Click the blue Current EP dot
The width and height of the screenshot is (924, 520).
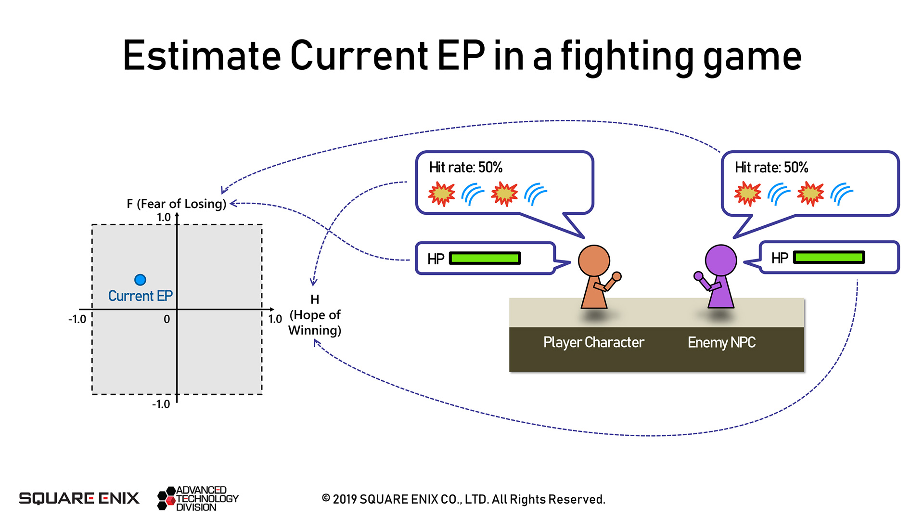point(140,280)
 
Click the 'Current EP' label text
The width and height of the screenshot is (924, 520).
point(140,296)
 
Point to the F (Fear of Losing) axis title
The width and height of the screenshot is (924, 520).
point(176,204)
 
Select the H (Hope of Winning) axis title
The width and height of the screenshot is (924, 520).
point(315,315)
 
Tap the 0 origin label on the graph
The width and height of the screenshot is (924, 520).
point(167,319)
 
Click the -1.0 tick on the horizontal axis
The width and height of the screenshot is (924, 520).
point(77,319)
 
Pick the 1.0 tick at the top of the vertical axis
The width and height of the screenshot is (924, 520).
point(164,217)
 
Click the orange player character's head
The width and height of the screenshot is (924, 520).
point(594,260)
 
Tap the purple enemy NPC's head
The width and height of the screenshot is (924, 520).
point(720,260)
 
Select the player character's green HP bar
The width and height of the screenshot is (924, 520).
point(485,259)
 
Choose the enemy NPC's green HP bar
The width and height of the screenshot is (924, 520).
point(829,258)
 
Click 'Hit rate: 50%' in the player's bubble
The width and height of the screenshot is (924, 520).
point(465,168)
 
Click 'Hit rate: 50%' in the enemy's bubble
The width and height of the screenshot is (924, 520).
point(771,168)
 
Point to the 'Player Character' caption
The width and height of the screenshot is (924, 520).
point(593,342)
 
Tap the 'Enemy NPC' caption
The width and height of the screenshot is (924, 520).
point(721,342)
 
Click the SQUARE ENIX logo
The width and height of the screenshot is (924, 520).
point(79,498)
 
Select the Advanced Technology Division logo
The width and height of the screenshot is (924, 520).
point(198,498)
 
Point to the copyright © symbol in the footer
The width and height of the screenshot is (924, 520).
point(326,498)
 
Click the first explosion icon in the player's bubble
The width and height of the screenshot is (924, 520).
point(441,194)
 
